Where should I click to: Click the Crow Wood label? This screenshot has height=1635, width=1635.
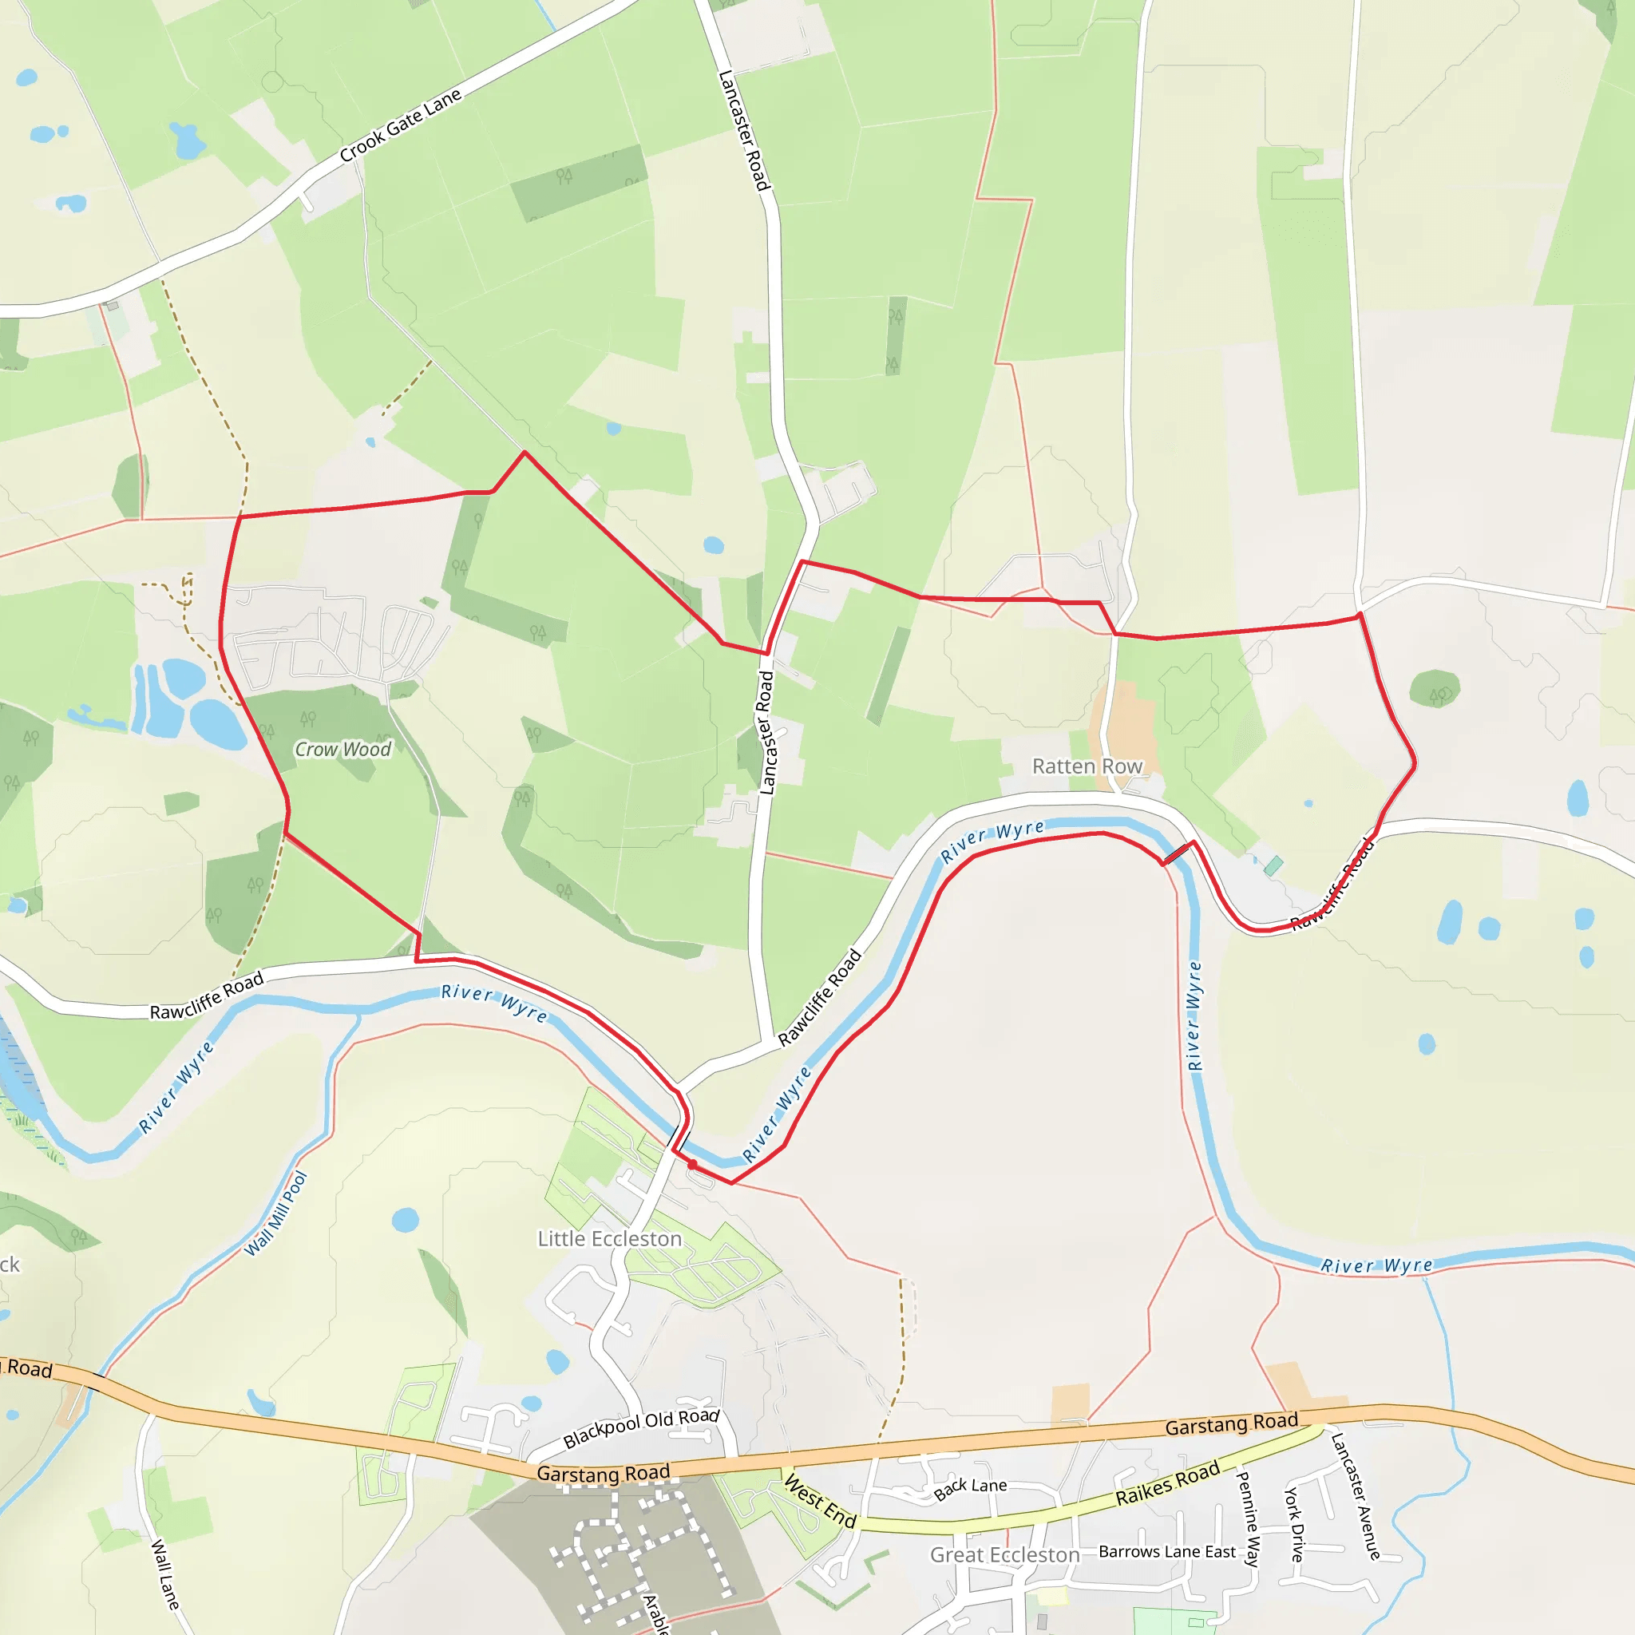[342, 749]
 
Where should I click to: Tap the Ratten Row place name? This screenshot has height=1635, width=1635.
[1087, 766]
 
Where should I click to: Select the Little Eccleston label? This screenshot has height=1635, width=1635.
[609, 1239]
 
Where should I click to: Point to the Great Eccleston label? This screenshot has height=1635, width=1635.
[1004, 1555]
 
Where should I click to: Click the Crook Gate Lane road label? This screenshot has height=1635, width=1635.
[400, 125]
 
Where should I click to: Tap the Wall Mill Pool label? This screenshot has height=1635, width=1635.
[276, 1214]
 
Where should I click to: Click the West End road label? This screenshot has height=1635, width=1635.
[820, 1500]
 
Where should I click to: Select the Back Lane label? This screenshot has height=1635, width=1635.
[970, 1490]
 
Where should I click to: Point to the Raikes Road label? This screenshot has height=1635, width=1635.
[1167, 1483]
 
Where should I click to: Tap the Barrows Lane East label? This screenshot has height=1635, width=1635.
[1167, 1552]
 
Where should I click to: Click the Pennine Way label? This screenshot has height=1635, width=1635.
[1249, 1519]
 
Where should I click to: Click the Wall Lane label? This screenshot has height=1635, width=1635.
[165, 1574]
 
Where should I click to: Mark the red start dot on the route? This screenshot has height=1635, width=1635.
[692, 1165]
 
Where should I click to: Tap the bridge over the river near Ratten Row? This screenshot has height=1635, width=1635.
[1178, 853]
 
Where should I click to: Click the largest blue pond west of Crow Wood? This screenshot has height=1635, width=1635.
[217, 724]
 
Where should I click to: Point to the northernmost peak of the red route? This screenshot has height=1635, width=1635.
[524, 452]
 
